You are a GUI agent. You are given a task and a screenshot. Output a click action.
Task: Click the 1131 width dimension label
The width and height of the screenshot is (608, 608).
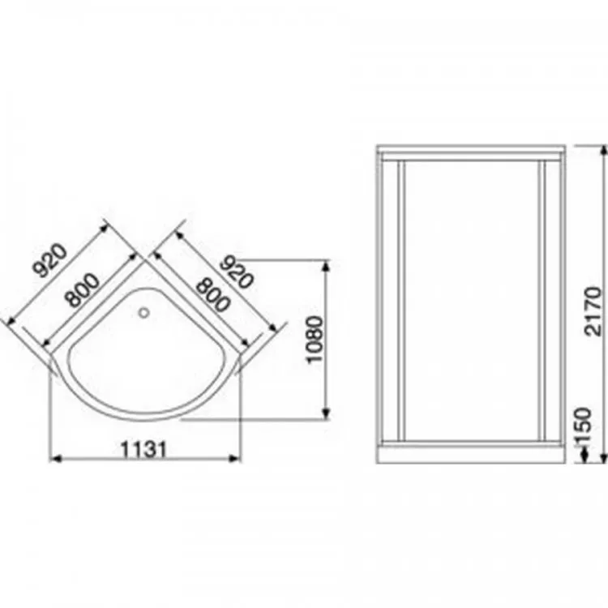(x=143, y=450)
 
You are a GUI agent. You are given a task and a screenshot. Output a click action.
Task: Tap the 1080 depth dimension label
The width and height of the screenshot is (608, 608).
(x=314, y=340)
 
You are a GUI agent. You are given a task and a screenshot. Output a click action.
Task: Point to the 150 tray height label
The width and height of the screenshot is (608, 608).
(x=583, y=426)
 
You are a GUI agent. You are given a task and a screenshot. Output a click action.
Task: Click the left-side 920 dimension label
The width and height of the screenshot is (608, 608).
(x=49, y=260)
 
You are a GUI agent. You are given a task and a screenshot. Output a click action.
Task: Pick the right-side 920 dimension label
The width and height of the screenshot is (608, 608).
(x=237, y=272)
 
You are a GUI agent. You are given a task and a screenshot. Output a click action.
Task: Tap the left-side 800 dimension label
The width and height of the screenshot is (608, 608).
(x=82, y=290)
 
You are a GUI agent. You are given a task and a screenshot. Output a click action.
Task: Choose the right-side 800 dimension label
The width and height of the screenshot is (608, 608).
(x=212, y=295)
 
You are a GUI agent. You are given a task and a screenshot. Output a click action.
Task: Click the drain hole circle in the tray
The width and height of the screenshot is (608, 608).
(x=144, y=313)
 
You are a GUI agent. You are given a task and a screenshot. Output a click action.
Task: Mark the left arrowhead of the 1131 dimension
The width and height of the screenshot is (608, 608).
(x=55, y=459)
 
